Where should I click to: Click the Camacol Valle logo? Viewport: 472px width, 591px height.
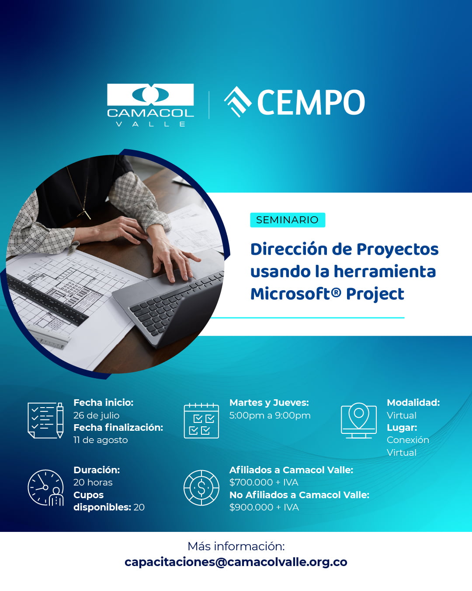[150, 104]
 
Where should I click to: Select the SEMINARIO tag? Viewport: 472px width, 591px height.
[287, 220]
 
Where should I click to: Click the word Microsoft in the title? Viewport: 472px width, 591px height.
[290, 294]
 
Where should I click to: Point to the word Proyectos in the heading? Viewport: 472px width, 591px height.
[397, 249]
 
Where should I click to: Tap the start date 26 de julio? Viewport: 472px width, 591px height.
[96, 415]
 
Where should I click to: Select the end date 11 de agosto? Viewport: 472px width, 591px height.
[101, 440]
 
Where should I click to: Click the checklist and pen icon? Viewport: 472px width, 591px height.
[45, 420]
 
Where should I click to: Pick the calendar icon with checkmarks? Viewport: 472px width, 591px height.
[201, 421]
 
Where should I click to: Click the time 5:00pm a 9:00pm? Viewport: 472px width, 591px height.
[270, 415]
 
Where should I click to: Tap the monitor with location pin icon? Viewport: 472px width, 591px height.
[358, 420]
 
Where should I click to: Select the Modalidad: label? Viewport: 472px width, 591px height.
[413, 403]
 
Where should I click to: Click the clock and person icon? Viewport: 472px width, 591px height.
[45, 488]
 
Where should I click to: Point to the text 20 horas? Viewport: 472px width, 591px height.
[93, 482]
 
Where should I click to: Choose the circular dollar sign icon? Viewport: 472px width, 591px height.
[201, 488]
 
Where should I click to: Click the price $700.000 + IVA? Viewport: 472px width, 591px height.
[264, 482]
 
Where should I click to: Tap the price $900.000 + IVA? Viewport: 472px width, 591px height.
[264, 507]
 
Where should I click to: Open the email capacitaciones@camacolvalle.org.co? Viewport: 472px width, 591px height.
[236, 562]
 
